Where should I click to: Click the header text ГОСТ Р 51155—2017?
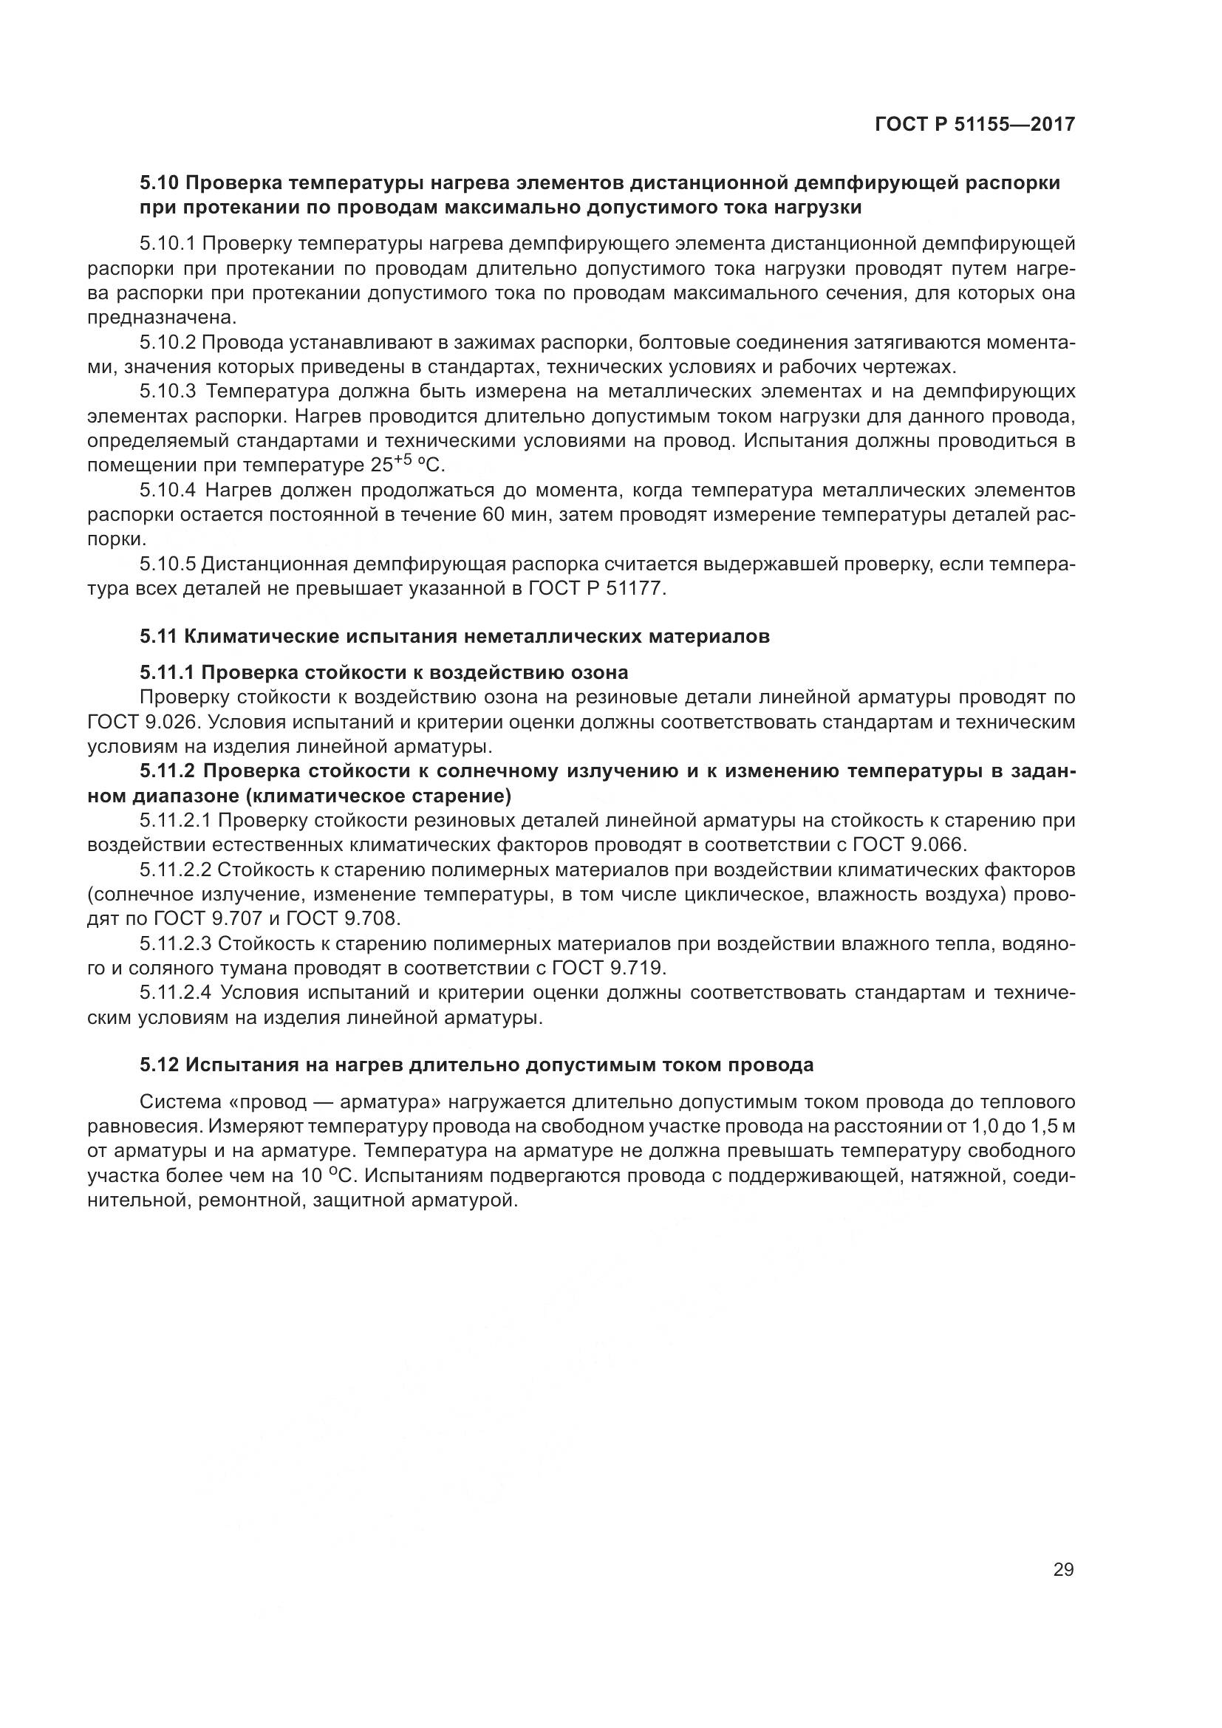pos(974,124)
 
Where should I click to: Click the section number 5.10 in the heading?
pos(159,183)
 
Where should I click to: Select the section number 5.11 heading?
pos(159,637)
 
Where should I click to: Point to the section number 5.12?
pos(159,1065)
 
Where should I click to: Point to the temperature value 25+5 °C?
pos(408,465)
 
